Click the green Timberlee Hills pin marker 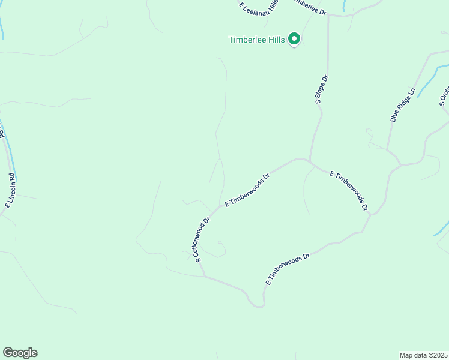pos(294,39)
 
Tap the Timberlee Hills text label pos(256,40)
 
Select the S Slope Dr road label pos(321,90)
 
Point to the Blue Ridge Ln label pos(403,106)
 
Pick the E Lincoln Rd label pos(10,191)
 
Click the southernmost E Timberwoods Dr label pos(288,269)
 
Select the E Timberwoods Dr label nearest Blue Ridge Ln pos(349,191)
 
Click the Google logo pos(20,353)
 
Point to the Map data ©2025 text pos(423,355)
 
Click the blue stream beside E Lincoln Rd pos(11,159)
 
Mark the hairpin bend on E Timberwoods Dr pos(259,305)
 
